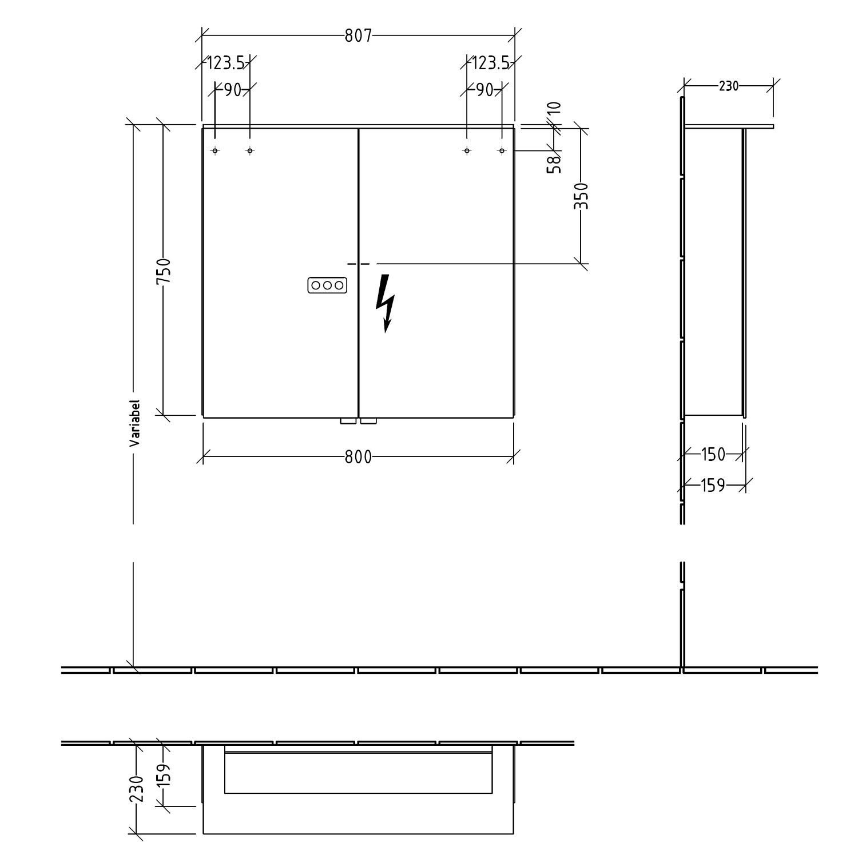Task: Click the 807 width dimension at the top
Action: (x=358, y=36)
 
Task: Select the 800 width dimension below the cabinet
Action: (x=358, y=457)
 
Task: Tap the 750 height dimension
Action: (x=164, y=271)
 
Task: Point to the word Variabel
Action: (x=134, y=423)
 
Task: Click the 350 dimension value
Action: (x=581, y=196)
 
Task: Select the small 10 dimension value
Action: (x=554, y=109)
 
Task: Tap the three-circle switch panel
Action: (x=327, y=285)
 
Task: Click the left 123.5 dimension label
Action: (x=225, y=62)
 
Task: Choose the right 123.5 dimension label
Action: (x=490, y=62)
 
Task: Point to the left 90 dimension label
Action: (x=232, y=90)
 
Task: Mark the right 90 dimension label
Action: (x=484, y=90)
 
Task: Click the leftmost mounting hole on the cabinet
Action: (x=215, y=151)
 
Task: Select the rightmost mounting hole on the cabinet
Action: (x=502, y=151)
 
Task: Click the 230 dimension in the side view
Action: (x=729, y=86)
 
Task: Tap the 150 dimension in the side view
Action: (x=713, y=455)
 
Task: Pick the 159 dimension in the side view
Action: (x=713, y=486)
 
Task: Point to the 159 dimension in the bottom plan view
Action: (x=164, y=776)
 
